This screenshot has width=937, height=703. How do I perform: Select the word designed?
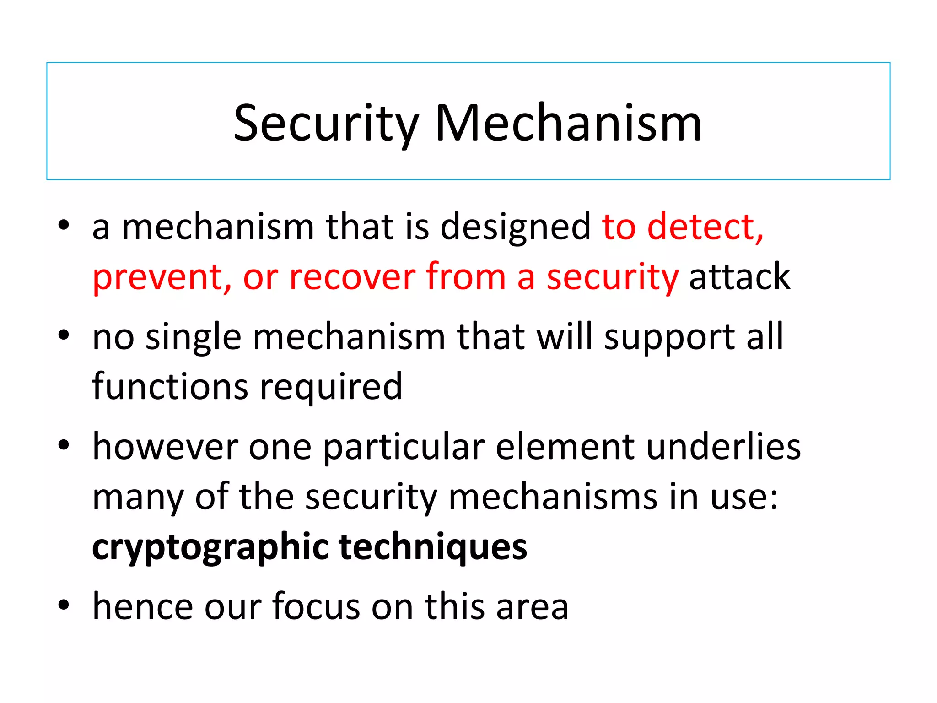(515, 227)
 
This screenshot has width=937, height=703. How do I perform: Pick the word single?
(193, 338)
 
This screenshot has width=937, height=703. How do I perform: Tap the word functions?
(170, 386)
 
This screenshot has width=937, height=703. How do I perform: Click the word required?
(331, 387)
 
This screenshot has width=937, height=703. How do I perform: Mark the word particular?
(404, 447)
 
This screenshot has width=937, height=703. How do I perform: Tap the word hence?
(143, 606)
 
